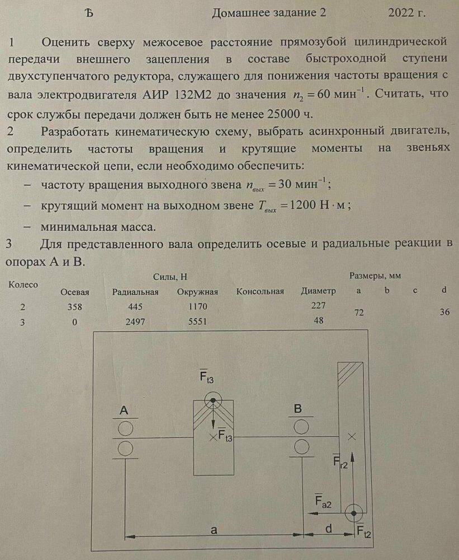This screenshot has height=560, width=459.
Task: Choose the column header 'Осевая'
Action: [x=74, y=292]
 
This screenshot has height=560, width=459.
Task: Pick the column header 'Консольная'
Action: [x=260, y=292]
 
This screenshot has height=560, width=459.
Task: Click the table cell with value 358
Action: [x=74, y=307]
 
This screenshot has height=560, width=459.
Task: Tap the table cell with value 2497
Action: [x=135, y=322]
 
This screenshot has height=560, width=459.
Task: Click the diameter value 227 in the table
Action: [x=318, y=306]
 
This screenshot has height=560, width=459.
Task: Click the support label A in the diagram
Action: [x=124, y=411]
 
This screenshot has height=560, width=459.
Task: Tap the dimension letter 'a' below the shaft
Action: [x=213, y=529]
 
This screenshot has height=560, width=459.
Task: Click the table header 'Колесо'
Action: [x=23, y=284]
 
